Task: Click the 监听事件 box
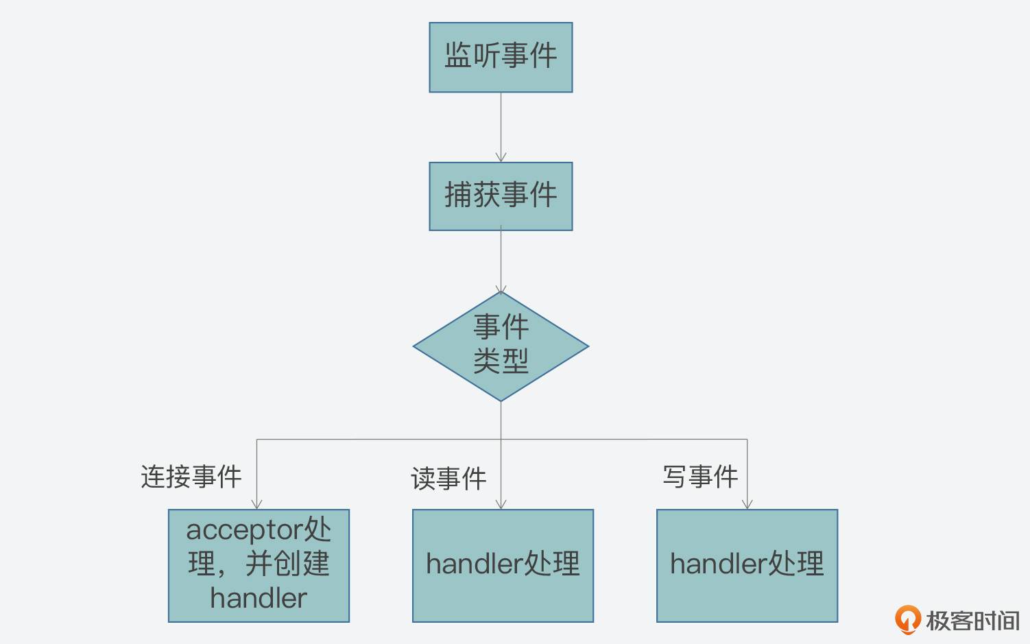501,57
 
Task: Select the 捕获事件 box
501,196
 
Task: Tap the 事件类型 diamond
501,346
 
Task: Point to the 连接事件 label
191,477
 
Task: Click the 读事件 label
448,479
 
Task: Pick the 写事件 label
700,477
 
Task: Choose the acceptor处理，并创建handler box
259,565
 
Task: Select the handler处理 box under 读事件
503,565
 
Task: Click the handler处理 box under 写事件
747,565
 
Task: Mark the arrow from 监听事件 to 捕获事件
501,127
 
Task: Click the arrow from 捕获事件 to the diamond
501,261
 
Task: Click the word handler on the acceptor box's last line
259,599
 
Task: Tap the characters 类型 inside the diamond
501,361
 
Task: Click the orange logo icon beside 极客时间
907,619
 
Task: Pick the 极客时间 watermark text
972,621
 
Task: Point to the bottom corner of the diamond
501,400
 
